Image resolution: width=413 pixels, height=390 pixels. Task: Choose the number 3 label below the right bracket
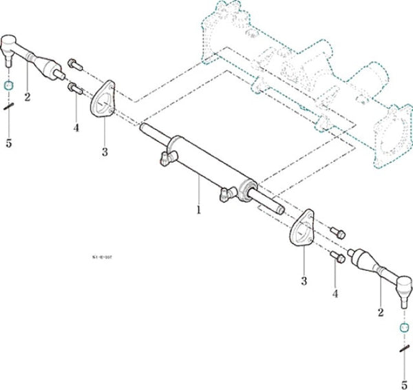click(303, 281)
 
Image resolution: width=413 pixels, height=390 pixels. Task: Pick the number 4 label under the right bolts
click(335, 294)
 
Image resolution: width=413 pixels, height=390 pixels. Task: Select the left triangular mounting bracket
click(102, 101)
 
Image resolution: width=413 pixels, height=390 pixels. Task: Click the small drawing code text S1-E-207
click(101, 255)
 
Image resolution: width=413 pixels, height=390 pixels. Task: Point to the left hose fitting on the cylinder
click(163, 158)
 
